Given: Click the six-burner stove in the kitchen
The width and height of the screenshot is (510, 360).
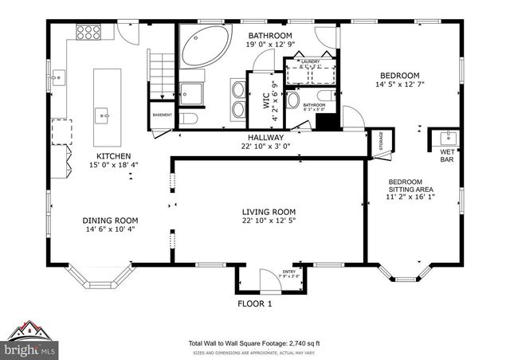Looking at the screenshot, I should (x=88, y=33).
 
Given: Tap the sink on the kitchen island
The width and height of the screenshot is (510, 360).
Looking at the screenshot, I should (x=104, y=115).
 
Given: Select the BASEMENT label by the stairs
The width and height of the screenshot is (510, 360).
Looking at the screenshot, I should (x=161, y=114).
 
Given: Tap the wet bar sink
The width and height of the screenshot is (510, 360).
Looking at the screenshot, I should (x=445, y=136).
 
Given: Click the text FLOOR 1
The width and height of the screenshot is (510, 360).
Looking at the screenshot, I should (x=255, y=303).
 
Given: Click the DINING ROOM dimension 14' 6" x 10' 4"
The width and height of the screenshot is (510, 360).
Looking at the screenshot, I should (x=111, y=229).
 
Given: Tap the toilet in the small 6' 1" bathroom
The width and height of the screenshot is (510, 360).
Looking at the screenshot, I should (x=292, y=100).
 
